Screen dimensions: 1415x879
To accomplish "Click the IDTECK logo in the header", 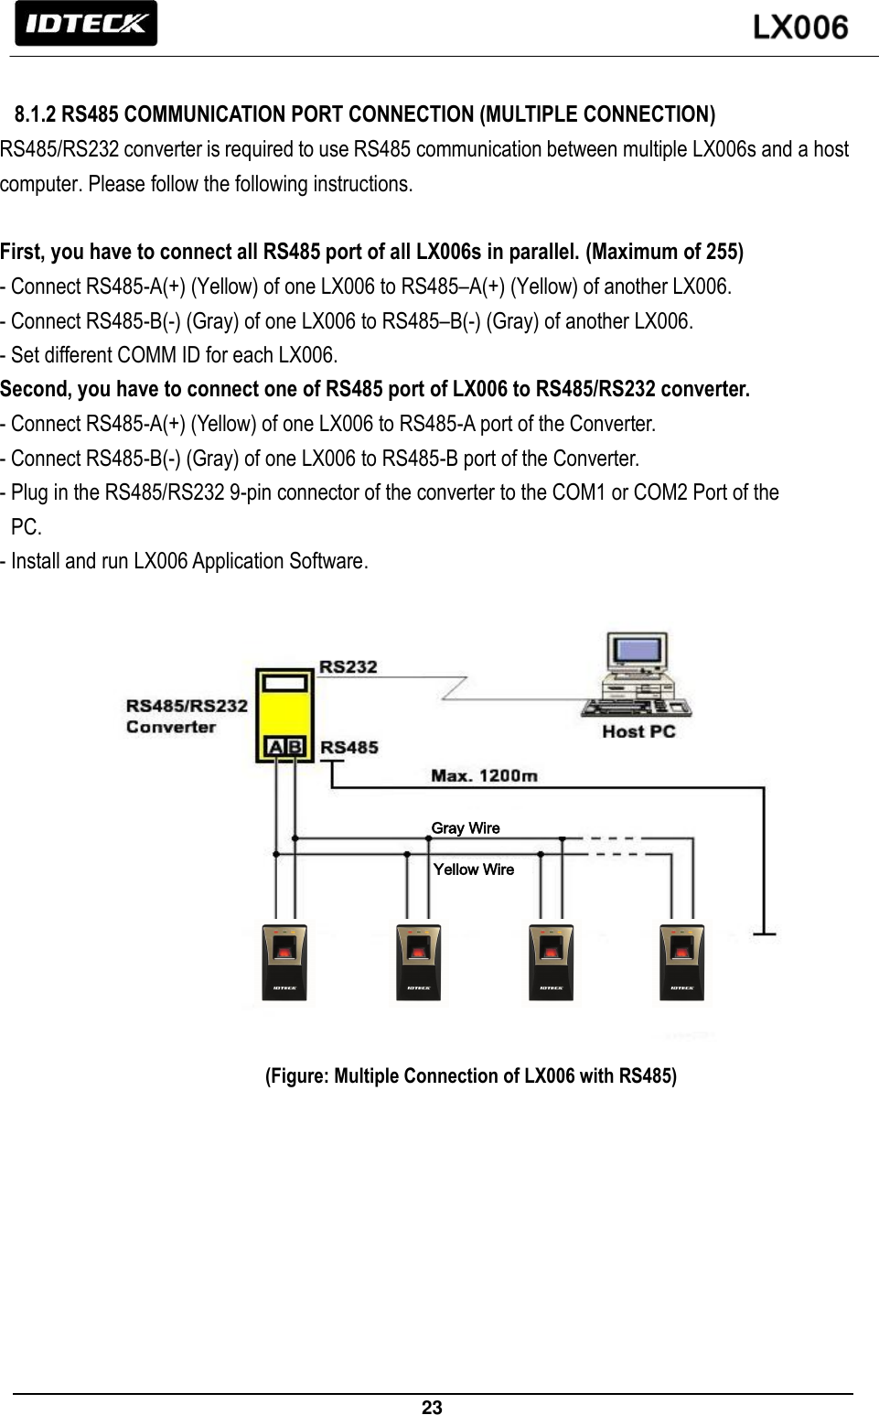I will point(86,24).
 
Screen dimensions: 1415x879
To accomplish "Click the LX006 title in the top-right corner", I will point(800,27).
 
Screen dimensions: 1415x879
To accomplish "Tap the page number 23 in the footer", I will point(432,1407).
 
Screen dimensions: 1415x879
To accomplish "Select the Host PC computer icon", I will point(638,675).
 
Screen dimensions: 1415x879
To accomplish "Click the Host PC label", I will point(638,731).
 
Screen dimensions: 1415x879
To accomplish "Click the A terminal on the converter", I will point(274,747).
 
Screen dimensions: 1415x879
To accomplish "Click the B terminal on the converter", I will point(295,747).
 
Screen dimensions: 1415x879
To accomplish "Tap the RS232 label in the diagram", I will point(348,666).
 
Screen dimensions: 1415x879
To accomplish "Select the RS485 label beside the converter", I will point(348,747).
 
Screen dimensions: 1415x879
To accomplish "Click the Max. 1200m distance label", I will point(484,775).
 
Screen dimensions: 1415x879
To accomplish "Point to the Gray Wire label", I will point(466,827).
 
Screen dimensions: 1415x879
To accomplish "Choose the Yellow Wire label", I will point(473,870).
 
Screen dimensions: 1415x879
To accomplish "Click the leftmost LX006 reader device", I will point(284,962).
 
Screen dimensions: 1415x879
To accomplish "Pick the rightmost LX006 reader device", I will point(681,962).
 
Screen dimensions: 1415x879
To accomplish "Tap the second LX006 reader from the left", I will point(418,962).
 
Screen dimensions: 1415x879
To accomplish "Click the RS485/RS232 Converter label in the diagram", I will point(187,716).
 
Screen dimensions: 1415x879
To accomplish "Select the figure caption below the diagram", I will point(471,1075).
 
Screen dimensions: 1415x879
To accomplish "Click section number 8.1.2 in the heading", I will point(35,114).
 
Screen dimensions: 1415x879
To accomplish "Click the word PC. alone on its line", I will point(26,527).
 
